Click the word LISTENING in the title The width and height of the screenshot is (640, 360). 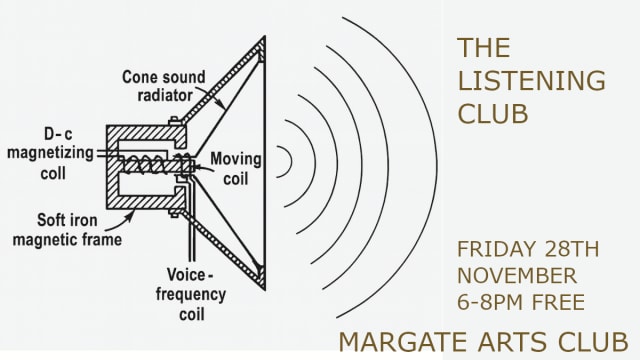tap(517, 80)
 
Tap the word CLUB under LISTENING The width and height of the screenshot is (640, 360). tap(493, 113)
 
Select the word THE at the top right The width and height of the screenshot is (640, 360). tap(484, 47)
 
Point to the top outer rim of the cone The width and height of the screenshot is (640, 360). tap(261, 45)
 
